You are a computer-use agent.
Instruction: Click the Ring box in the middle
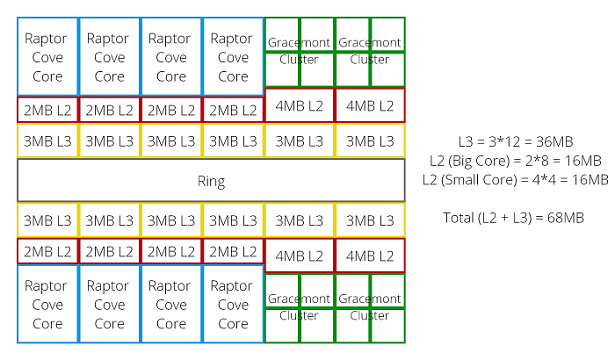click(x=211, y=180)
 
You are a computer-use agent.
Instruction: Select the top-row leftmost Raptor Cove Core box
click(x=47, y=56)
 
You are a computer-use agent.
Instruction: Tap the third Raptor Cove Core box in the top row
click(x=171, y=56)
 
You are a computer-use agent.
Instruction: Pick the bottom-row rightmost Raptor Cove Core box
click(x=233, y=304)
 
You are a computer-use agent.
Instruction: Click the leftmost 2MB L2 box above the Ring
click(x=47, y=110)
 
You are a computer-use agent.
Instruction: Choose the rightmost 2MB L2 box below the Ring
click(x=233, y=251)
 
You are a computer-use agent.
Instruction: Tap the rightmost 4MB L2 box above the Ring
click(x=370, y=105)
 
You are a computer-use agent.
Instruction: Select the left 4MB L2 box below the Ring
click(x=300, y=256)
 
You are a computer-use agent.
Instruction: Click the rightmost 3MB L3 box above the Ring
click(x=370, y=140)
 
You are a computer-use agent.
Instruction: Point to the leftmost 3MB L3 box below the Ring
click(x=47, y=220)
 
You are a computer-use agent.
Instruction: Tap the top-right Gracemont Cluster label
click(x=370, y=51)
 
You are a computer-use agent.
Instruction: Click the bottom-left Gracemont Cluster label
click(x=299, y=307)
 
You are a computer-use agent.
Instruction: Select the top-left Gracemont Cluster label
click(x=299, y=51)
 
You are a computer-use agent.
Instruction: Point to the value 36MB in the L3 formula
click(x=554, y=141)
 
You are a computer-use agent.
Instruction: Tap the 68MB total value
click(x=566, y=217)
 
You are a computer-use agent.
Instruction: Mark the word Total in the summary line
click(x=459, y=217)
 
